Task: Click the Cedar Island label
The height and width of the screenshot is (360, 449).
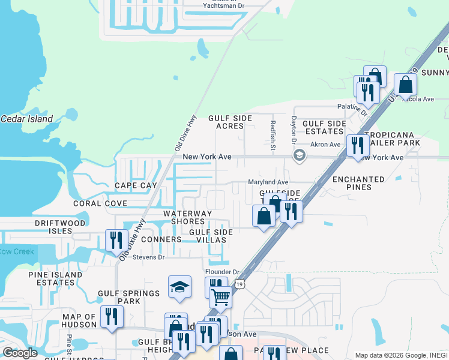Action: click(x=26, y=119)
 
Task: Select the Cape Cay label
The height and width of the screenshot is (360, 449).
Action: click(x=136, y=186)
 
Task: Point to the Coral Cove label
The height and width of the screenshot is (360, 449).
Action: click(x=100, y=203)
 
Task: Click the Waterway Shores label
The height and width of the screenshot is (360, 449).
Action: click(x=188, y=217)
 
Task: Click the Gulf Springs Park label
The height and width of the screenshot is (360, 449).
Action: click(x=129, y=297)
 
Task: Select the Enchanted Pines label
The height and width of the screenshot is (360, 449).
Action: click(x=358, y=183)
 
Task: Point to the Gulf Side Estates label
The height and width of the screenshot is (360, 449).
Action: click(x=325, y=127)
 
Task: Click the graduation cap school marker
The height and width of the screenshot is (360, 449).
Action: click(x=179, y=288)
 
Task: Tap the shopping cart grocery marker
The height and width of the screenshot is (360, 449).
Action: click(x=221, y=296)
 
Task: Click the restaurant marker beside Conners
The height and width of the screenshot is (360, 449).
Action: click(x=116, y=241)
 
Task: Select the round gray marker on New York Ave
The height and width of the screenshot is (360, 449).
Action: click(x=299, y=156)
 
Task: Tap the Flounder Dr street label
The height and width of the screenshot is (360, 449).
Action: click(x=223, y=272)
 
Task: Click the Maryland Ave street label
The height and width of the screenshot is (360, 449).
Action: click(x=268, y=182)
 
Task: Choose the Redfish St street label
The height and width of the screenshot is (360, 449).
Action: click(x=272, y=134)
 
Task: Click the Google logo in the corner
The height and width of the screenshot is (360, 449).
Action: click(x=20, y=353)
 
